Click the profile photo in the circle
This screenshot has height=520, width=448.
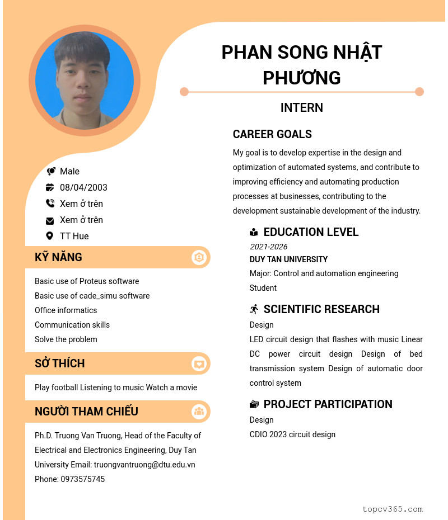pyautogui.click(x=84, y=81)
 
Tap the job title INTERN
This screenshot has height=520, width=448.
pyautogui.click(x=302, y=108)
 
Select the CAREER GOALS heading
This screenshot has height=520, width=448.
pyautogui.click(x=272, y=134)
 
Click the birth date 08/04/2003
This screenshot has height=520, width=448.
pyautogui.click(x=83, y=187)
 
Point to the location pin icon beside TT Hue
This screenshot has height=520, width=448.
pyautogui.click(x=50, y=236)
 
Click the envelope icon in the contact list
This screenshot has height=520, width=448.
pyautogui.click(x=50, y=220)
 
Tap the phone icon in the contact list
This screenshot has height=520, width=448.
pyautogui.click(x=50, y=204)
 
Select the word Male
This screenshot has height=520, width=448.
pyautogui.click(x=69, y=171)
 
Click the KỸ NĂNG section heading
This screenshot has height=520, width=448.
pyautogui.click(x=58, y=257)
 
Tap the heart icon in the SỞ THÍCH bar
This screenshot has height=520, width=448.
pyautogui.click(x=199, y=364)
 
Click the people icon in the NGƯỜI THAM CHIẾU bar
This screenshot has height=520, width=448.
pyautogui.click(x=199, y=412)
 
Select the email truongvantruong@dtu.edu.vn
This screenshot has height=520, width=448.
pyautogui.click(x=144, y=465)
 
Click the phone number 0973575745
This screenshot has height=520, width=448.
pyautogui.click(x=82, y=479)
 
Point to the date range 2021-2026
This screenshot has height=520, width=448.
pyautogui.click(x=268, y=247)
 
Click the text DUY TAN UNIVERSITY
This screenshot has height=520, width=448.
pyautogui.click(x=288, y=259)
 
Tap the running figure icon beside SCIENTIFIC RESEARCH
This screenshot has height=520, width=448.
pyautogui.click(x=254, y=309)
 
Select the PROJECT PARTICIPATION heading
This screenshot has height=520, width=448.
pyautogui.click(x=328, y=404)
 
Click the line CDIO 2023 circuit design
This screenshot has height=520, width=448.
pyautogui.click(x=292, y=434)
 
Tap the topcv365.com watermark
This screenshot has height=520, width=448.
pyautogui.click(x=392, y=509)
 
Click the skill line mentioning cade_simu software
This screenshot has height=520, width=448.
pyautogui.click(x=92, y=296)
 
